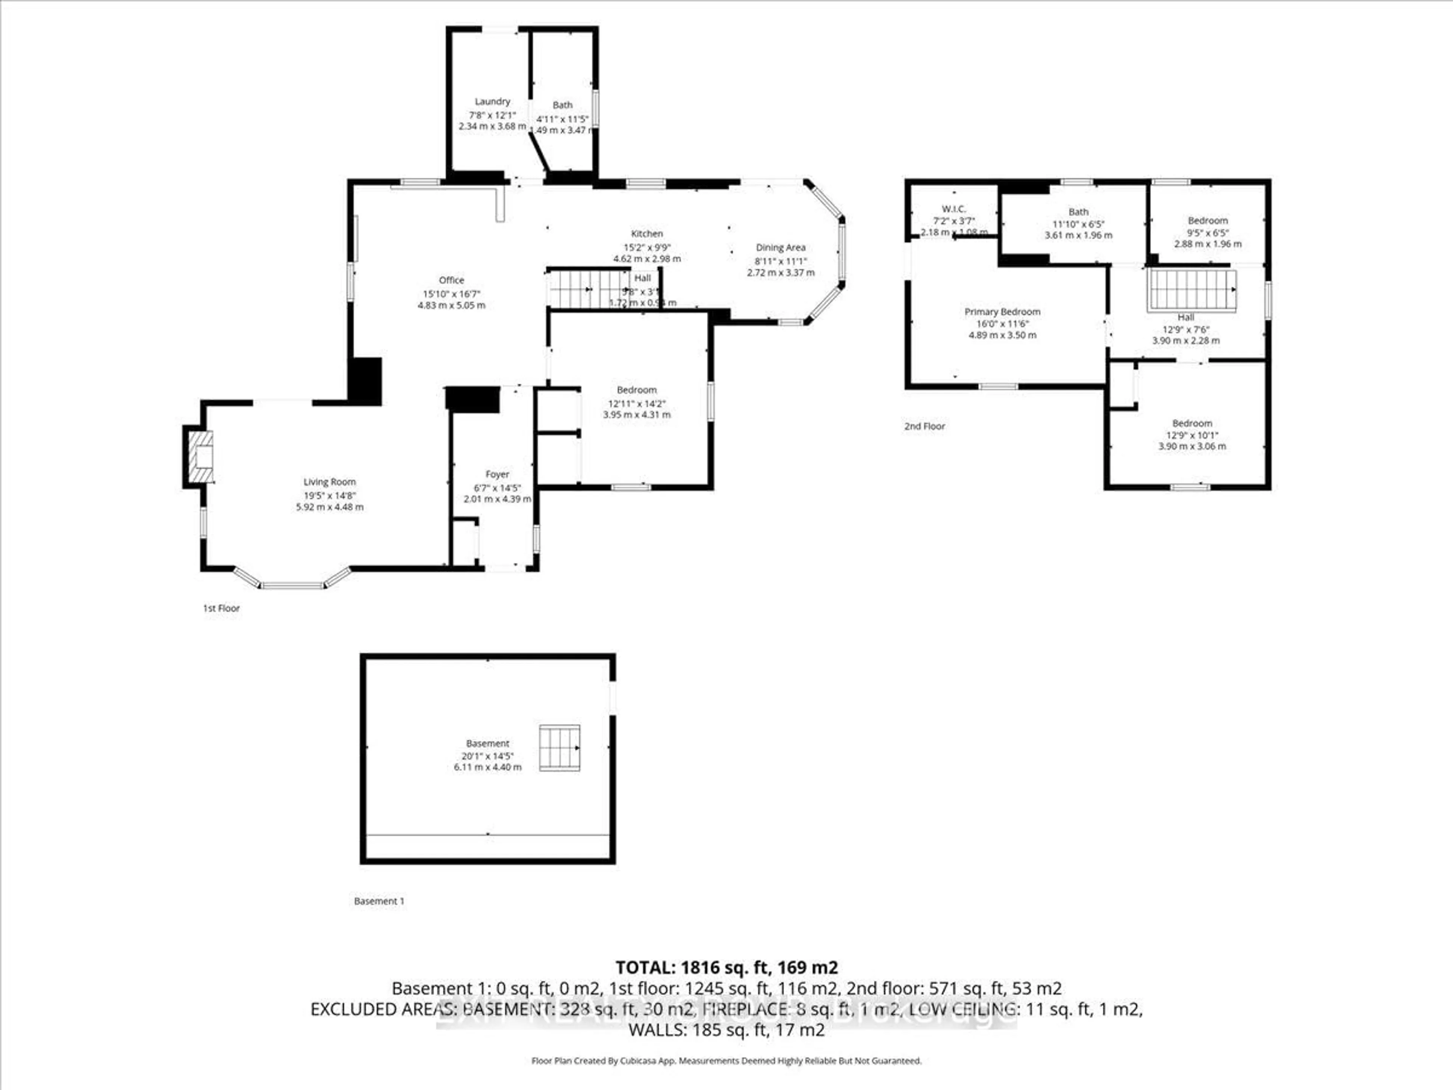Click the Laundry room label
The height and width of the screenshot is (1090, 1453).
coord(492,101)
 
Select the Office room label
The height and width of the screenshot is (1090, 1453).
coord(451,280)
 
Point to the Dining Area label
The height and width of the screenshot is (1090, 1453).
coord(780,248)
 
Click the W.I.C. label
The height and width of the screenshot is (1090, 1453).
coord(953,209)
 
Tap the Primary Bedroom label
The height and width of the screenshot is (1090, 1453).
coord(1002,311)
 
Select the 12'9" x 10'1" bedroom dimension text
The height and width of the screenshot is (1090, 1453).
coord(1192,435)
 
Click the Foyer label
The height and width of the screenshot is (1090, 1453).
coord(497,474)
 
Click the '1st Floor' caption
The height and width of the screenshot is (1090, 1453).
coord(221,609)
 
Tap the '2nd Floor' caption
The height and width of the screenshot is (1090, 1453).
coord(924,427)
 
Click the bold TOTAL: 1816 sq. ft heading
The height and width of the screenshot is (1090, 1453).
coord(726,967)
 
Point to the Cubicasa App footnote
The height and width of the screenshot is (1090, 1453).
coord(726,1060)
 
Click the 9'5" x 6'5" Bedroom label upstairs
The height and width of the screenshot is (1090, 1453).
coord(1207,221)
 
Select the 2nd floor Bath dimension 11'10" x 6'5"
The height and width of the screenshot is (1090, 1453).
coord(1078,223)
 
